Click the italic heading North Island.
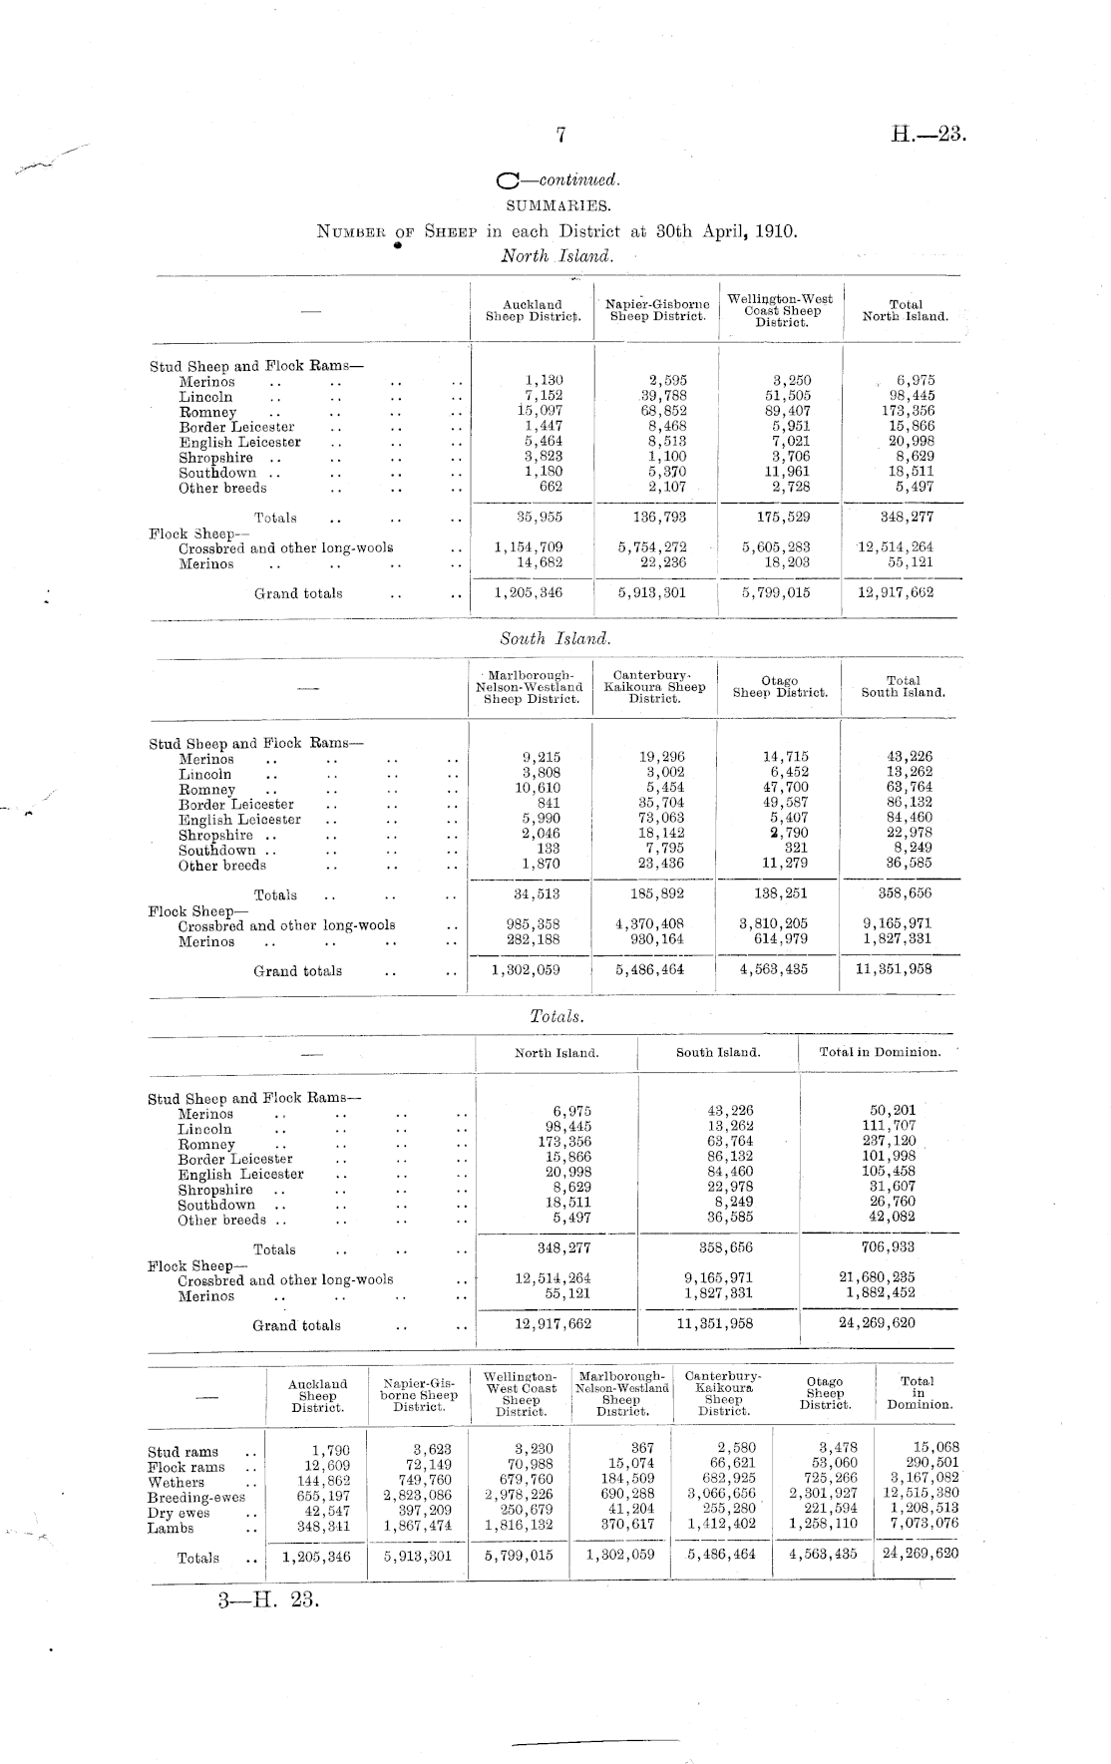555,256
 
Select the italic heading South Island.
555,638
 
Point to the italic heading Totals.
556,1016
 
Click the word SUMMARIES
557,205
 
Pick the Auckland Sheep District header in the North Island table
533,311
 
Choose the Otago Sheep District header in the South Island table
780,687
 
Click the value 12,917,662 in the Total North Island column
896,592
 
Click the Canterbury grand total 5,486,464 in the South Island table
650,968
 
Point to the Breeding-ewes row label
195,1498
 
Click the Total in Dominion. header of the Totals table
880,1052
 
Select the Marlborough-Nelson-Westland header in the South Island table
530,687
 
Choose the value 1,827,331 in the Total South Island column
898,938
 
